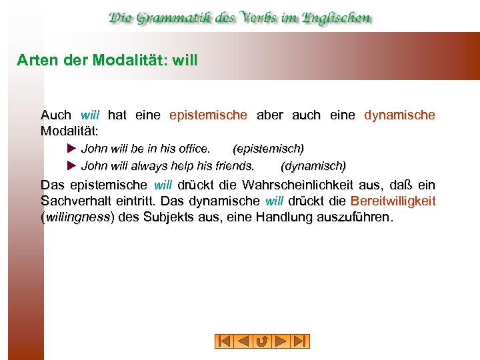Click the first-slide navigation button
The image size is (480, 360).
pos(225,341)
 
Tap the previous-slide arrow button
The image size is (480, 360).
pos(243,341)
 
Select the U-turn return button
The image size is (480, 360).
pos(263,341)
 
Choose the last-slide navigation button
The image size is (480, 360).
pos(301,341)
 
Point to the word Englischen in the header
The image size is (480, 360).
pos(334,17)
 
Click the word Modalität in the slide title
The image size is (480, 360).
pos(131,59)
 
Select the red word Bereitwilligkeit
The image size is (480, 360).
pos(393,201)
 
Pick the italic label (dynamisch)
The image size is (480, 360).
pos(313,165)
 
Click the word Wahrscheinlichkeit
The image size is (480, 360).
pos(313,185)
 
